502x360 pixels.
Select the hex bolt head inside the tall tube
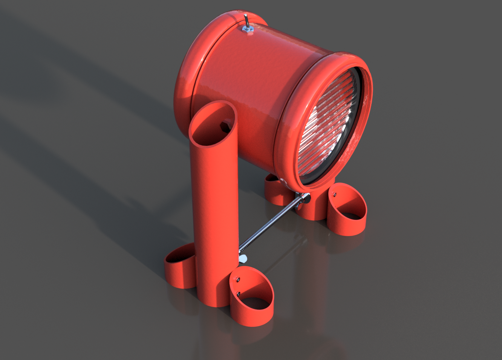[x=225, y=125]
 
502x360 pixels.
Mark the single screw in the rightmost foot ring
[x=334, y=194]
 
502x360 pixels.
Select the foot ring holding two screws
[x=252, y=301]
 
